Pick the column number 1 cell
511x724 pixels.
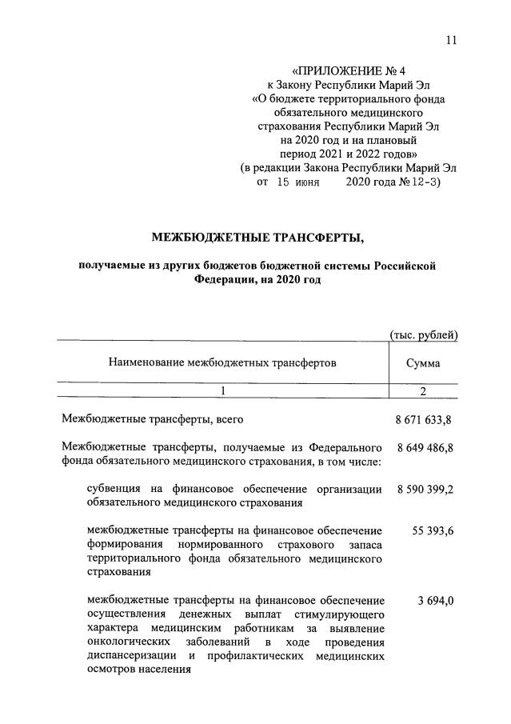click(223, 390)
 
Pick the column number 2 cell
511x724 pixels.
click(422, 390)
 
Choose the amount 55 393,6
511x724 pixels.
click(431, 530)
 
